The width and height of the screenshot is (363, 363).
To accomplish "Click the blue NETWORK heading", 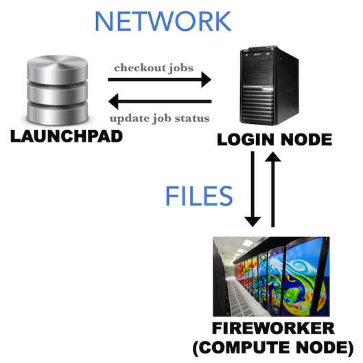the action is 163,21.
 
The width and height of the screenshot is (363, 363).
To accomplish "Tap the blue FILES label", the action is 199,196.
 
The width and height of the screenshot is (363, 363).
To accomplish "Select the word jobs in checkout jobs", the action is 181,68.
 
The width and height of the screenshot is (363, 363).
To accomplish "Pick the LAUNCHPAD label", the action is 67,136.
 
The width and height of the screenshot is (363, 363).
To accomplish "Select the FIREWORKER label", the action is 273,328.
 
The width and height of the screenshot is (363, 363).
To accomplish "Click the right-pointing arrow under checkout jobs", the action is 160,79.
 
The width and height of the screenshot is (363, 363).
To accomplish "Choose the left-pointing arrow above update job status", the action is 160,101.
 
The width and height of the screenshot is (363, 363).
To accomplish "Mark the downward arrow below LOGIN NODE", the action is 253,189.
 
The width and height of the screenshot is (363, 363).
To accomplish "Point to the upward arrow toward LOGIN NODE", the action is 273,189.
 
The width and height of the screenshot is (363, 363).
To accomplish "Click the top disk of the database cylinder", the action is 58,69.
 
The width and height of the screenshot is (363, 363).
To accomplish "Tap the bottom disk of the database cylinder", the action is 58,113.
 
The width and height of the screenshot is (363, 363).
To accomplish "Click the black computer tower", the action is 269,85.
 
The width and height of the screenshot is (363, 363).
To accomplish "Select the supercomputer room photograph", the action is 271,277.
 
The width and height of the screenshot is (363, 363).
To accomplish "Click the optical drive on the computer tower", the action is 257,54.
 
